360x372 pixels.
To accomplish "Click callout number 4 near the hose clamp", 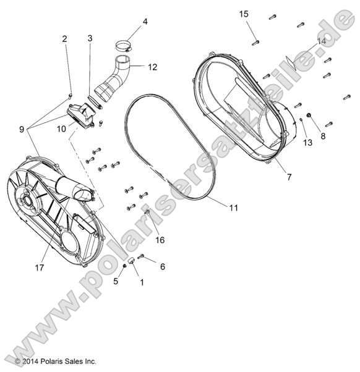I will click(x=145, y=22).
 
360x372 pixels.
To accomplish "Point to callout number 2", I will click(x=64, y=40).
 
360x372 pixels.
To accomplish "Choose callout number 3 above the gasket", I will click(x=90, y=38).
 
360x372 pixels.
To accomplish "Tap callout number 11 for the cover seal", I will click(x=233, y=208).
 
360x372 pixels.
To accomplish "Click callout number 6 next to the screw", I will click(x=162, y=267).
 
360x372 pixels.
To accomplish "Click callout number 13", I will click(x=308, y=143).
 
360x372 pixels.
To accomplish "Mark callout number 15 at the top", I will click(x=244, y=14).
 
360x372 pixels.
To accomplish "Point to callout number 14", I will click(x=321, y=41).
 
